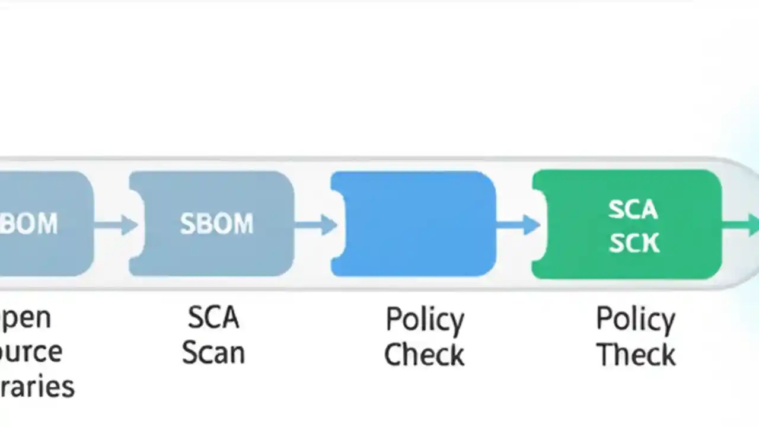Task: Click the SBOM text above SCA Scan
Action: point(216,224)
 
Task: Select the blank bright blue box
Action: point(413,224)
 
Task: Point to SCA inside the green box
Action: point(633,209)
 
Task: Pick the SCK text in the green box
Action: point(633,243)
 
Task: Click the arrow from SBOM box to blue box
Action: point(316,225)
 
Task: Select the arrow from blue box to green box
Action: point(518,225)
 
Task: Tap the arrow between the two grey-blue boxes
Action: point(115,225)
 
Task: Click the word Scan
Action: point(213,353)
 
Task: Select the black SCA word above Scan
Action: point(213,318)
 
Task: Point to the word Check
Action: point(424,354)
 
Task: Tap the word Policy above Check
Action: point(425,320)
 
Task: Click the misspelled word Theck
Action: point(636,354)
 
